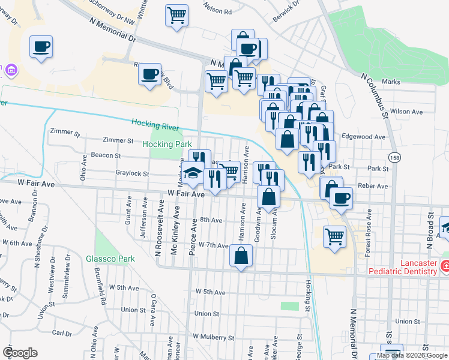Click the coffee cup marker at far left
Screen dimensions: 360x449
tap(41, 47)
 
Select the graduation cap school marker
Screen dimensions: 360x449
tap(193, 173)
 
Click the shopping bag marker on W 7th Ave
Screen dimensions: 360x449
tap(241, 257)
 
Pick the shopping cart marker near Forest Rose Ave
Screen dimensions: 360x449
tap(334, 236)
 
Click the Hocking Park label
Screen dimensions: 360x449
tap(167, 144)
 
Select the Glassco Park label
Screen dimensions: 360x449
tap(110, 259)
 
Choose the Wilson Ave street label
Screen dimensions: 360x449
tap(406, 112)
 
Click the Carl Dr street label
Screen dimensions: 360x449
tap(62, 332)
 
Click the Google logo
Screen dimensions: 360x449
tap(20, 353)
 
